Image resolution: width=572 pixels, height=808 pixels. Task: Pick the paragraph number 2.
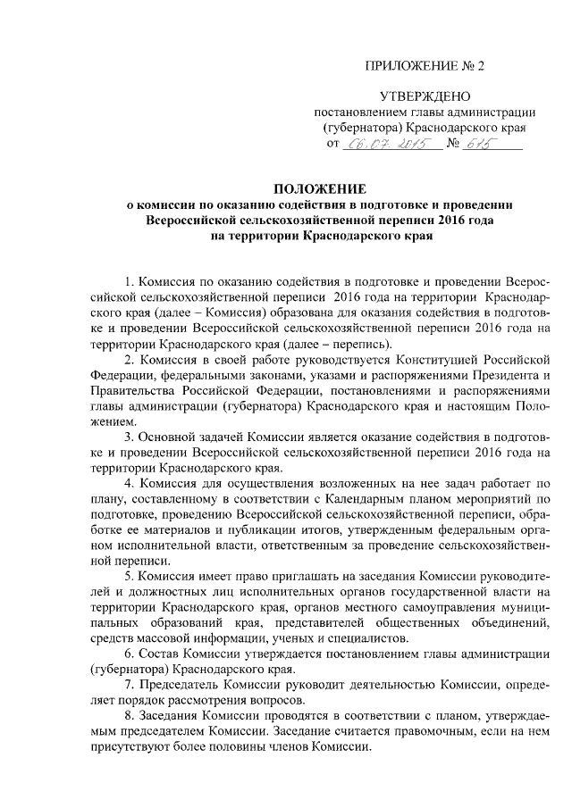tap(128, 360)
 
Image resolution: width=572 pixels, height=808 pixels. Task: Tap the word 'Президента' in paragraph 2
tap(502, 375)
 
